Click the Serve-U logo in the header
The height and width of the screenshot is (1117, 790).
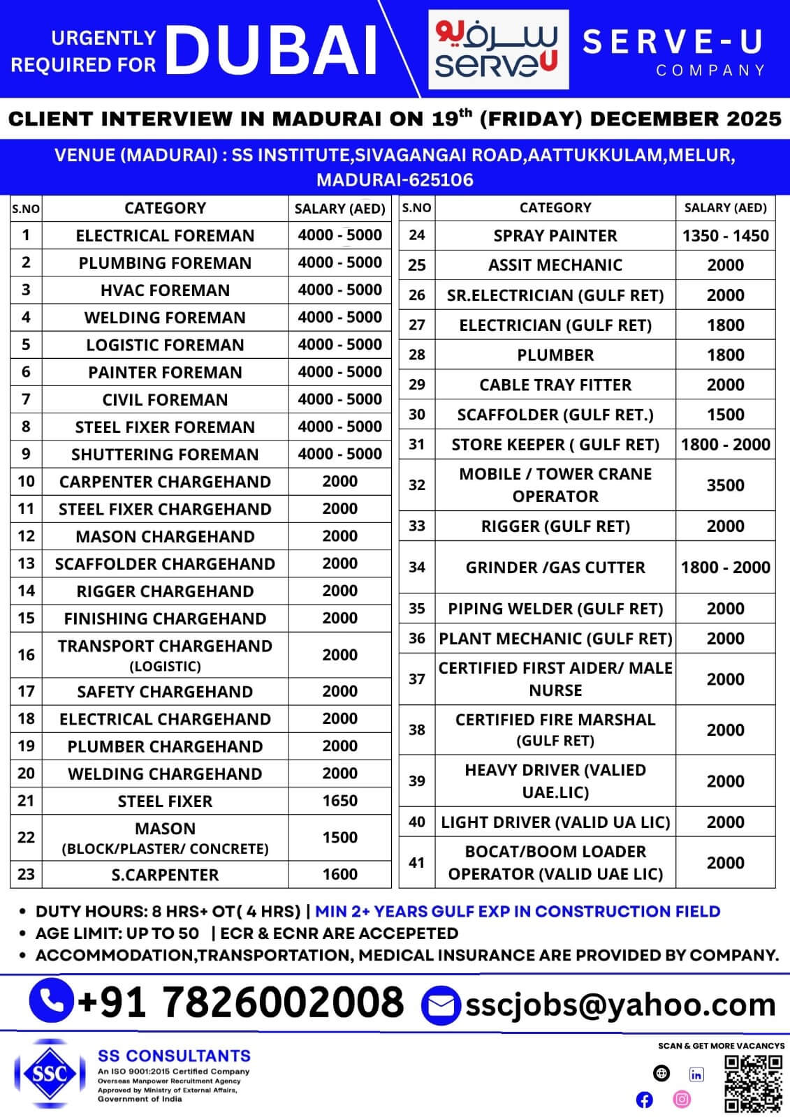pyautogui.click(x=498, y=49)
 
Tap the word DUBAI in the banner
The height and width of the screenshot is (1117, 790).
pyautogui.click(x=272, y=50)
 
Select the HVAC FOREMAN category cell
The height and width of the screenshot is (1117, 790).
pyautogui.click(x=165, y=290)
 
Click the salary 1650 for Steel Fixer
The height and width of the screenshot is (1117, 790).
pyautogui.click(x=339, y=801)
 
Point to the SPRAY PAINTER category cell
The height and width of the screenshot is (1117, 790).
pyautogui.click(x=555, y=236)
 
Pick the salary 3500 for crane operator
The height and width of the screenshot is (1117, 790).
pyautogui.click(x=725, y=485)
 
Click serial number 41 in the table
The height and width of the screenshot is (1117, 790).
pyautogui.click(x=416, y=863)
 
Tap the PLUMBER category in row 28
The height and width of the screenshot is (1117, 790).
pyautogui.click(x=555, y=355)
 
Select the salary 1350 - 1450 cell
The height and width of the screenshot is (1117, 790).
pyautogui.click(x=725, y=236)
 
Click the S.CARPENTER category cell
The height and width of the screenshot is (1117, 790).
pyautogui.click(x=165, y=875)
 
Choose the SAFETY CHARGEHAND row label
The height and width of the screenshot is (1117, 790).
pyautogui.click(x=165, y=692)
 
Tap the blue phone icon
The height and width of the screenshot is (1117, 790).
pyautogui.click(x=51, y=1001)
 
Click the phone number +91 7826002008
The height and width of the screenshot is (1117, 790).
pyautogui.click(x=241, y=1003)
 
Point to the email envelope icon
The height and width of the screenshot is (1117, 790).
pyautogui.click(x=441, y=1006)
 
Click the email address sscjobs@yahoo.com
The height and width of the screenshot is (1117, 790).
pyautogui.click(x=620, y=1005)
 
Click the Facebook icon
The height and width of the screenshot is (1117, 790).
pyautogui.click(x=645, y=1100)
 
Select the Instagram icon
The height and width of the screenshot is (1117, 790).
pyautogui.click(x=682, y=1100)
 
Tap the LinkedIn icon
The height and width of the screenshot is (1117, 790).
pyautogui.click(x=696, y=1074)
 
